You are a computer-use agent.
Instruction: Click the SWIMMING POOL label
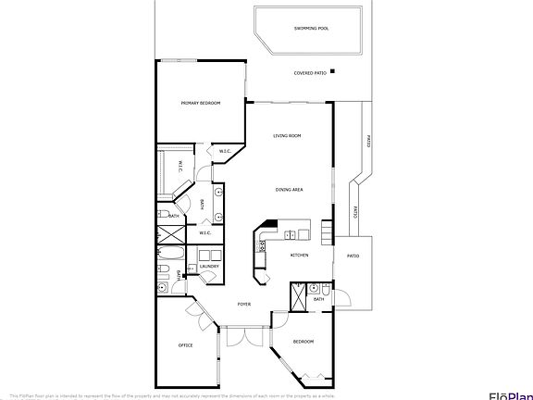click(x=311, y=29)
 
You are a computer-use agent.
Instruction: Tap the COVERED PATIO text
click(x=310, y=72)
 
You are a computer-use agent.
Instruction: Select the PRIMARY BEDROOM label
click(x=200, y=104)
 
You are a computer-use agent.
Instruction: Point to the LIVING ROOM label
click(x=287, y=136)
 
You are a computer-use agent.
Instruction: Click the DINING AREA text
click(x=290, y=190)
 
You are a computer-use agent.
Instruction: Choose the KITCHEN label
click(x=299, y=256)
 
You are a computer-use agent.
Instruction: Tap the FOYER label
click(x=244, y=304)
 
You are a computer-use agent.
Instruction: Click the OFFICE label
click(x=185, y=346)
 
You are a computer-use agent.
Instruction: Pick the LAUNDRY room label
click(x=208, y=267)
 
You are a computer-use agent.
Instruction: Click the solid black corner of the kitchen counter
click(x=269, y=223)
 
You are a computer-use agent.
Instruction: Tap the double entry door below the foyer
click(x=238, y=337)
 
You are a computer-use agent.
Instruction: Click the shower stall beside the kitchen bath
click(x=298, y=296)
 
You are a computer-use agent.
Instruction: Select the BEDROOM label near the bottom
click(x=304, y=342)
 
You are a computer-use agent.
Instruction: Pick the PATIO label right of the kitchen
click(x=353, y=255)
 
